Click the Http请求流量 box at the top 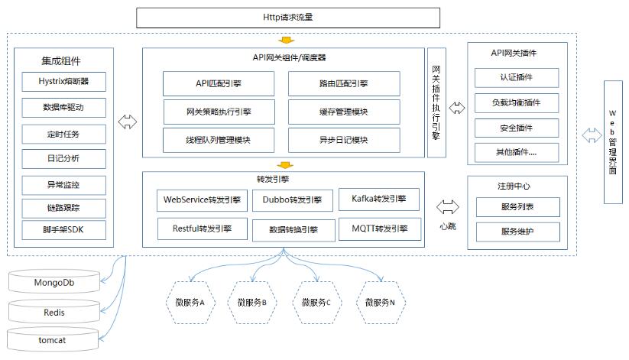pyautogui.click(x=287, y=17)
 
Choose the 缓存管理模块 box pyautogui.click(x=344, y=112)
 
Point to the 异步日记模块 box pyautogui.click(x=344, y=139)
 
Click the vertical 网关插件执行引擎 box pyautogui.click(x=436, y=102)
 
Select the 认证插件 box pyautogui.click(x=517, y=77)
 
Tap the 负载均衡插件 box pyautogui.click(x=517, y=102)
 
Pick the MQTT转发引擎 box pyautogui.click(x=380, y=229)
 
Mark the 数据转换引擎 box pyautogui.click(x=294, y=229)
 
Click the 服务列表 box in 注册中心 pyautogui.click(x=517, y=206)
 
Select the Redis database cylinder pyautogui.click(x=53, y=312)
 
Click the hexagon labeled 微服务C pyautogui.click(x=316, y=302)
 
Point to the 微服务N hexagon pyautogui.click(x=380, y=302)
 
